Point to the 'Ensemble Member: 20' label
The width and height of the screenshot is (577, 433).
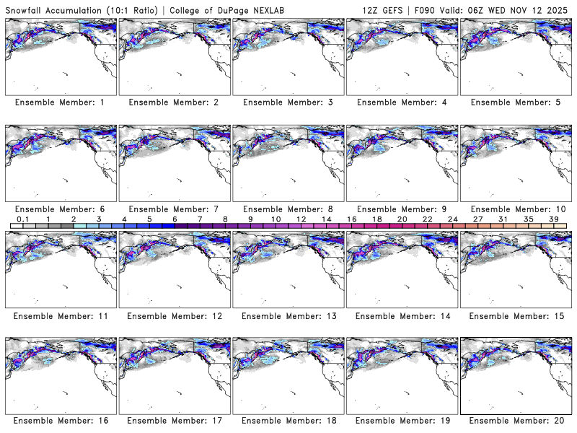[515, 421]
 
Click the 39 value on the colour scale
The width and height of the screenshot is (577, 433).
[554, 219]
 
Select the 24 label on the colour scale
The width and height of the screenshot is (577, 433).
[453, 219]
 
